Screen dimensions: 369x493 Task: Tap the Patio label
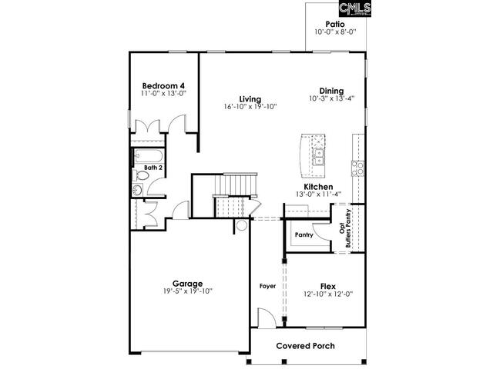[334, 24]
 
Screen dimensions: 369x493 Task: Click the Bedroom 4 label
[163, 85]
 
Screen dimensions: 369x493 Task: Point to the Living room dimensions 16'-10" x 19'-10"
[249, 108]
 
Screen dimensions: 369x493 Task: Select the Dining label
[332, 91]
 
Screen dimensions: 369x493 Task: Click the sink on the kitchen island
[317, 157]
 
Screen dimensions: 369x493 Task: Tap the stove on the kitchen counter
[357, 168]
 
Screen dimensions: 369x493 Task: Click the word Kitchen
[317, 187]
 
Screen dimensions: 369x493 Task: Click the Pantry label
[304, 235]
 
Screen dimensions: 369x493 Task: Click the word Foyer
[267, 285]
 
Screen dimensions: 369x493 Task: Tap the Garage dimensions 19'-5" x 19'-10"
[187, 291]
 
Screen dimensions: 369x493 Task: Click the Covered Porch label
[305, 346]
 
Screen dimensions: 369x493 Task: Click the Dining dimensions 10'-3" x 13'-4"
[332, 99]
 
